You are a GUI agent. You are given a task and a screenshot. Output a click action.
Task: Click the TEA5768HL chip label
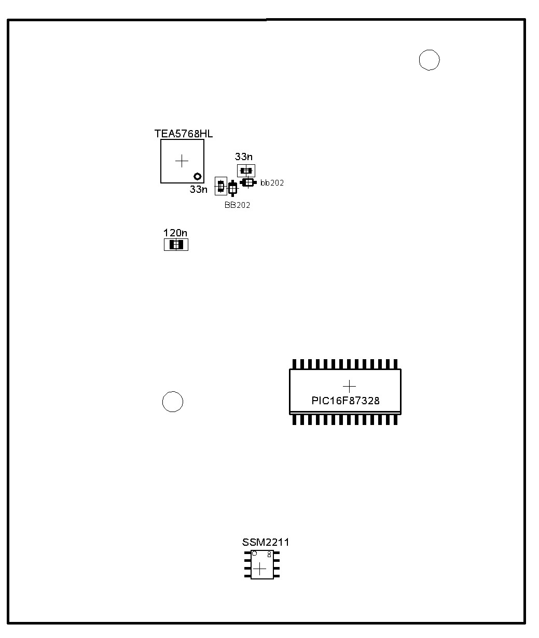(183, 134)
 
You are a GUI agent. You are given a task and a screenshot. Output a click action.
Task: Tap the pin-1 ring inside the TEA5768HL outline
(198, 176)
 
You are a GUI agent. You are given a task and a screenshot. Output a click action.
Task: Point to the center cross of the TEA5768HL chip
(182, 161)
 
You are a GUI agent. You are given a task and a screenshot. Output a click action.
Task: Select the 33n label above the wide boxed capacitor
(243, 157)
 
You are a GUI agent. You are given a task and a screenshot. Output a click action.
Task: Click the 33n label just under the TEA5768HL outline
(198, 190)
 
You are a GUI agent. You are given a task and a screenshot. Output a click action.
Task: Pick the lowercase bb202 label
(272, 183)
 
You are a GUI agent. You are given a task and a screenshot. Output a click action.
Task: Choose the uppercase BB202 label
(237, 205)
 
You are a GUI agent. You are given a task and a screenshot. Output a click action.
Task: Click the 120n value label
(175, 233)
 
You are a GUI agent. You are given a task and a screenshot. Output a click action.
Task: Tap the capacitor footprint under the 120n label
(176, 245)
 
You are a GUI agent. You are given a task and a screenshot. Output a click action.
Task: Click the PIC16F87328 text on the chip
(345, 401)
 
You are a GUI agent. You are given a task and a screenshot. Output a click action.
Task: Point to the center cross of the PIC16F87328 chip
(349, 386)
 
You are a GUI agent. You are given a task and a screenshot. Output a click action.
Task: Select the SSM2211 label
(266, 542)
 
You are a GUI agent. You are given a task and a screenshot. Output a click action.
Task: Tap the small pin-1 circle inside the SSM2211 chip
(254, 554)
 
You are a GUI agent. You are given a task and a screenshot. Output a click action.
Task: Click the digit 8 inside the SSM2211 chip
(269, 554)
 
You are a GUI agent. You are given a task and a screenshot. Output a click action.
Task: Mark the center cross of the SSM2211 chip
(260, 569)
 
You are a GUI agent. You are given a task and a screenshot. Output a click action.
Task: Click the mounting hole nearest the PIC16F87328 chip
(173, 402)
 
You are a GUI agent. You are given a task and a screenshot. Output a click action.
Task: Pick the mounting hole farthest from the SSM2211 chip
(429, 60)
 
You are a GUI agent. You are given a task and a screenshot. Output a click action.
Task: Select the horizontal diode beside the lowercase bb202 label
(248, 183)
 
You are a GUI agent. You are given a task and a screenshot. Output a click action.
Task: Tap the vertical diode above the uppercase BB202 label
(232, 188)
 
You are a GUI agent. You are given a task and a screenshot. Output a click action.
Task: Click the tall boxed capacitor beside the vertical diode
(221, 186)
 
